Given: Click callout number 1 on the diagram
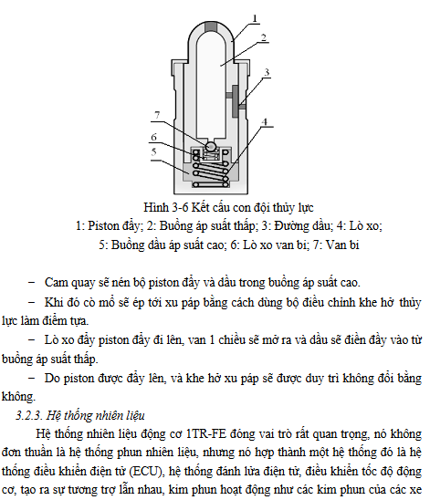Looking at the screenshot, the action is click(x=254, y=18).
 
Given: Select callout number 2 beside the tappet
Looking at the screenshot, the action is click(x=264, y=37).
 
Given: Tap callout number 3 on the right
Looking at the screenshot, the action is click(x=267, y=72).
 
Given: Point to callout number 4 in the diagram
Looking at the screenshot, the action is click(x=265, y=122).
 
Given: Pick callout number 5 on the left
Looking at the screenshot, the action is click(x=153, y=151).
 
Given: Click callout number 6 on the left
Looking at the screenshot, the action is click(x=153, y=137).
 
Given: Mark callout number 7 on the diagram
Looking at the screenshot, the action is click(x=157, y=115).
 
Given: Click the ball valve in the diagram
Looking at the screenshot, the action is click(x=211, y=146).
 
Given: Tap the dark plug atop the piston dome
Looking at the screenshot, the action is click(x=211, y=26).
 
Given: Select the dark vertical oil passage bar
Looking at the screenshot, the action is click(x=236, y=101).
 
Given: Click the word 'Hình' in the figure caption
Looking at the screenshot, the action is click(x=156, y=208).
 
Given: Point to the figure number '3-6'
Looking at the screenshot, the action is click(x=180, y=208).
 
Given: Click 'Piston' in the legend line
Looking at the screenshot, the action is click(x=101, y=226).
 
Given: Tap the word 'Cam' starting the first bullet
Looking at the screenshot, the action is click(x=56, y=283).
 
